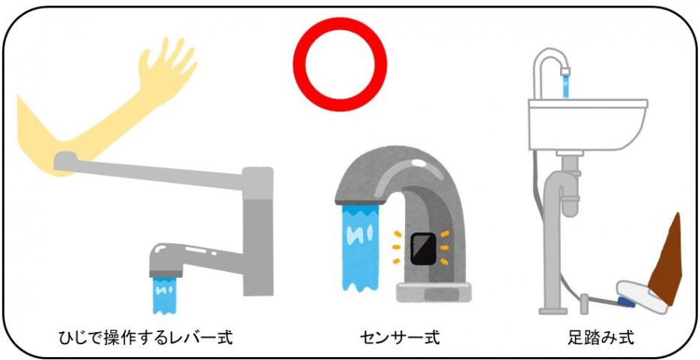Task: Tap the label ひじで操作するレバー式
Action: point(145,336)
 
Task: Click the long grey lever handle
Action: point(151,169)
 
